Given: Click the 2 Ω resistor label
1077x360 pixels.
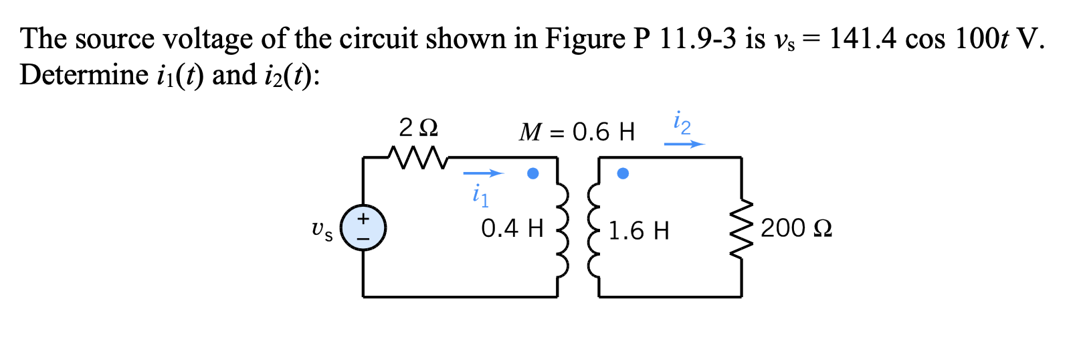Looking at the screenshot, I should (418, 126).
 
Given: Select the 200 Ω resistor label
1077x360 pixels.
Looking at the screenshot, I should (796, 228).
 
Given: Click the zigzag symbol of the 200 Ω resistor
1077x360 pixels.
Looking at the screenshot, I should (741, 230).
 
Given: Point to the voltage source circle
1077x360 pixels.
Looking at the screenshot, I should (363, 228).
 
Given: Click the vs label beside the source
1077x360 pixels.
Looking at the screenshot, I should (322, 231).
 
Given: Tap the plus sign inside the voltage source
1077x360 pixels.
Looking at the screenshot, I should (363, 218).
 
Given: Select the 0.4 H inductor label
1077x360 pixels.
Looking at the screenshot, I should (512, 228).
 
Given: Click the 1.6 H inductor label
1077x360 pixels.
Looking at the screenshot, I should (638, 231).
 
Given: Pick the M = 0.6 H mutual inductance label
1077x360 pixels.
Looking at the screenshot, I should (577, 132).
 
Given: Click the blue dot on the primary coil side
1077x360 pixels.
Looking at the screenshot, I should (532, 173).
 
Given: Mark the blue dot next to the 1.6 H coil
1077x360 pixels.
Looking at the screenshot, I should (623, 173).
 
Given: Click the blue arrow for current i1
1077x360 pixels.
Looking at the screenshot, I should (483, 174).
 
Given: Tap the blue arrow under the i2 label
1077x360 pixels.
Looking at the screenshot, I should (684, 144).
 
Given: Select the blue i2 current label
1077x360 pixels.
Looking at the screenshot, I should (682, 123).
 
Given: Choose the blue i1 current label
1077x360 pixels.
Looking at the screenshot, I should (480, 195).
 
